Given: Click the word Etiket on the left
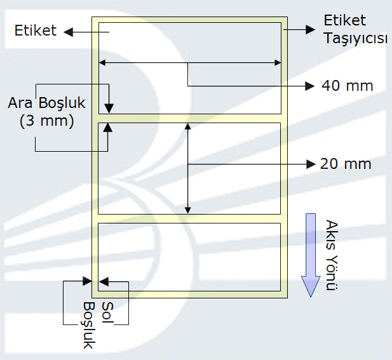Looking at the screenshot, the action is [x=36, y=30].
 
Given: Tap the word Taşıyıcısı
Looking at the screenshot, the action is [x=355, y=39].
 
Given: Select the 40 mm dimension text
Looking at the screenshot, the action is [x=348, y=86].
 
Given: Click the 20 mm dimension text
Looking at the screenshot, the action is [x=346, y=164].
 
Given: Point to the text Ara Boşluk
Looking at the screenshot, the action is [x=47, y=103].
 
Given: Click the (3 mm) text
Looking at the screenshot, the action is [x=47, y=121].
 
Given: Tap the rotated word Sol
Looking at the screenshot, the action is [x=108, y=312].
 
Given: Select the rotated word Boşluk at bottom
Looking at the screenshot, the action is [x=88, y=325].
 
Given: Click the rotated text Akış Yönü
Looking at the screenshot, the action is [x=332, y=255].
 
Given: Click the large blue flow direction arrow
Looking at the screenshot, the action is [x=311, y=255].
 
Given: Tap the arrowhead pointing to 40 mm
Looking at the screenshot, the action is [x=310, y=86].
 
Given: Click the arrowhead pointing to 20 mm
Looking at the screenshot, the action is [x=311, y=164].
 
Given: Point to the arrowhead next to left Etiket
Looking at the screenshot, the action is [x=69, y=32].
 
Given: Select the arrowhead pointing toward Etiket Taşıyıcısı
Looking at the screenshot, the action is [x=311, y=29].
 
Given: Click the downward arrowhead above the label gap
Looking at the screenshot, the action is [x=109, y=109].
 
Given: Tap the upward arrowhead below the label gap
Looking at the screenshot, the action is [x=108, y=128].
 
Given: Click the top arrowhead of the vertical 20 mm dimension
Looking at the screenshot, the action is [x=188, y=126].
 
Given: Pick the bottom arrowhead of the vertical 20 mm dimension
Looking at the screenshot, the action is [x=188, y=210].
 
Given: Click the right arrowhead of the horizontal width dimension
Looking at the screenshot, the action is [x=278, y=62].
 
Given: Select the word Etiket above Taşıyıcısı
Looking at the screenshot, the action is [x=345, y=20].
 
